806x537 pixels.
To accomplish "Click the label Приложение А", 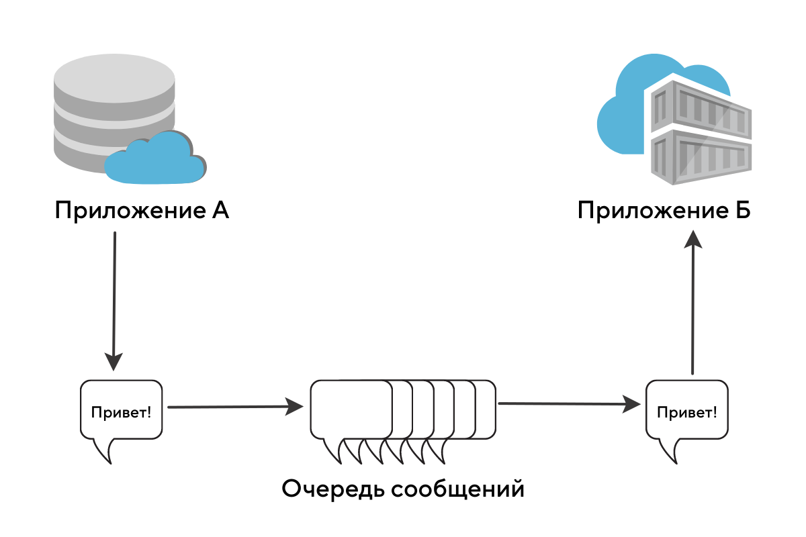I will click(x=142, y=211).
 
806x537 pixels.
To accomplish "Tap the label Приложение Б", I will click(x=664, y=211).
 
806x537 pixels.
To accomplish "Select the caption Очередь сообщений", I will click(x=402, y=489).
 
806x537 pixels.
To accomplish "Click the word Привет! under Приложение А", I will click(x=122, y=411).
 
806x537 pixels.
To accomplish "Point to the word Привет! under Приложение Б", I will click(x=686, y=411).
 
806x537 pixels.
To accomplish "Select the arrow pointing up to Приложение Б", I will click(x=692, y=302).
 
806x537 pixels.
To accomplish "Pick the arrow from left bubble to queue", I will click(x=235, y=406).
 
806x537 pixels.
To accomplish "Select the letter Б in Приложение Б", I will click(x=742, y=211).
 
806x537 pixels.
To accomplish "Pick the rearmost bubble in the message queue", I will click(x=487, y=409).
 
